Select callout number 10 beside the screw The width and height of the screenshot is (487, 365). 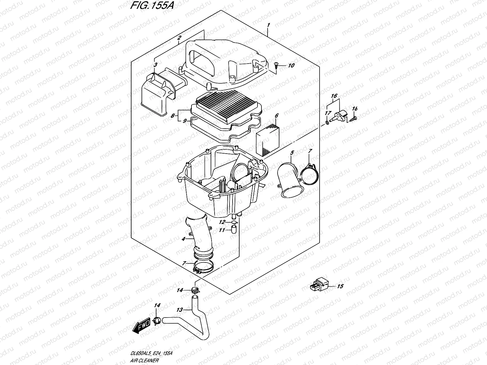click(291, 65)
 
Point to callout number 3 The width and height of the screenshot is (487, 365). click(155, 65)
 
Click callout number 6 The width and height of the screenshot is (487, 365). click(276, 116)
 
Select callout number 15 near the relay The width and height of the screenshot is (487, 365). click(340, 286)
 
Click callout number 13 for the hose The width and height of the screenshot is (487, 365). click(180, 310)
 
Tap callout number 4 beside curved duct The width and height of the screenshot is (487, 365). click(183, 239)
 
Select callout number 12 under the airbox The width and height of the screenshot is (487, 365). click(222, 222)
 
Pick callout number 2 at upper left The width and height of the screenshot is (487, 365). click(179, 38)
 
